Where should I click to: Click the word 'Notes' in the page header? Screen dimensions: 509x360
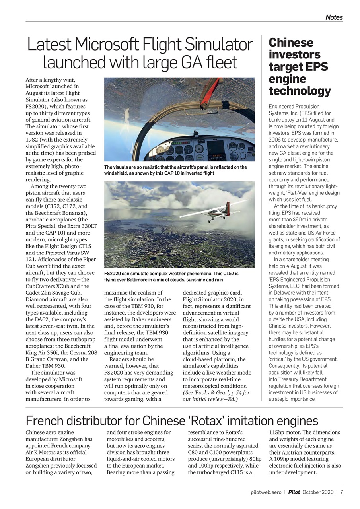pos(334,17)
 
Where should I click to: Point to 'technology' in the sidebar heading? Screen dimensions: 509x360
pos(300,91)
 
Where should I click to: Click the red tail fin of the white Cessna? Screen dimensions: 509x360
pos(227,207)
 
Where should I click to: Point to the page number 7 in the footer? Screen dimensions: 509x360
pos(341,492)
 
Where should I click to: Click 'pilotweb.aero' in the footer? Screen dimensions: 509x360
pos(266,492)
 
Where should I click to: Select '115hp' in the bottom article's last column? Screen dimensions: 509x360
pos(277,432)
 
